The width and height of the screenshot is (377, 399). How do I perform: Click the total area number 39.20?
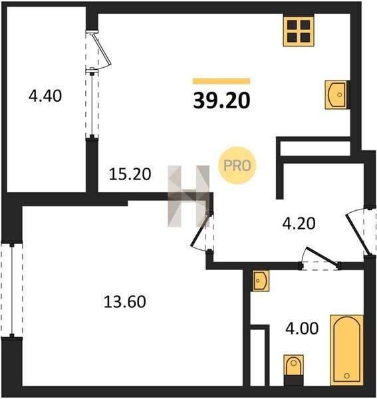[221, 100]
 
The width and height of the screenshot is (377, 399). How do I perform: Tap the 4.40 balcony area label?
[45, 96]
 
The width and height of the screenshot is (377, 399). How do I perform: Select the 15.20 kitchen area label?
[130, 174]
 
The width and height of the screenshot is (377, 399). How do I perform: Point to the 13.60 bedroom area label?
[124, 301]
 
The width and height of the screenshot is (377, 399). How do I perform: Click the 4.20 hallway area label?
[299, 223]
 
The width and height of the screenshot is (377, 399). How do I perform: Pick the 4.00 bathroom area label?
[302, 329]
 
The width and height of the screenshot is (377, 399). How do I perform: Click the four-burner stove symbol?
[299, 31]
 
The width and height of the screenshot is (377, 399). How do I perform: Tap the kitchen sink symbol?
[336, 94]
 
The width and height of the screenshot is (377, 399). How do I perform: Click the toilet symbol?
[294, 369]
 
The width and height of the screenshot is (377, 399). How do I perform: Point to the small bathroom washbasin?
[261, 281]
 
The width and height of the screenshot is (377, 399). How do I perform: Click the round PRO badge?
[237, 166]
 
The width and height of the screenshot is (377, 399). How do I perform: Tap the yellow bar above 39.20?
[221, 81]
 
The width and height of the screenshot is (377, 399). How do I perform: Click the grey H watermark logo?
[189, 196]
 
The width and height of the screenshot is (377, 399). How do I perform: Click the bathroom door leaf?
[322, 257]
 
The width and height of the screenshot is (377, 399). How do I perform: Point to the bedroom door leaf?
[201, 231]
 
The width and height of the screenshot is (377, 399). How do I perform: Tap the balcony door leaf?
[102, 49]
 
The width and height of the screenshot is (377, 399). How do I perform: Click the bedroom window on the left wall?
[12, 289]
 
